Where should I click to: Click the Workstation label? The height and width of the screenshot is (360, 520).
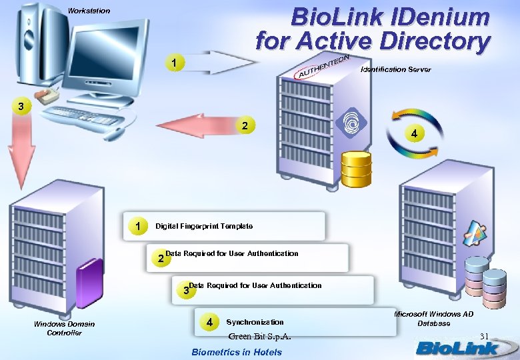(89, 11)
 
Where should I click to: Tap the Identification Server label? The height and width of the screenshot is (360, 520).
(395, 69)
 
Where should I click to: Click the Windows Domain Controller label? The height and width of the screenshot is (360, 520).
(64, 328)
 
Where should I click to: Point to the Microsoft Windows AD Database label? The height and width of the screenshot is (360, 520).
(433, 318)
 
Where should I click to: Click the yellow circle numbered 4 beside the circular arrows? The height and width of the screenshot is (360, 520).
(415, 133)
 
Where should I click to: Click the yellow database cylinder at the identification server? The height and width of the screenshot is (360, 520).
(356, 169)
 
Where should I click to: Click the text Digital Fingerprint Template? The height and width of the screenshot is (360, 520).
(204, 227)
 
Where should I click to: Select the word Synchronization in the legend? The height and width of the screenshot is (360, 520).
(255, 322)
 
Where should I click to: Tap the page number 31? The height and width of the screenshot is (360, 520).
(485, 335)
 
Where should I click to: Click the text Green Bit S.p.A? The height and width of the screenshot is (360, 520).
(259, 336)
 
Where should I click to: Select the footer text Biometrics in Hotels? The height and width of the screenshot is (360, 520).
(237, 352)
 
